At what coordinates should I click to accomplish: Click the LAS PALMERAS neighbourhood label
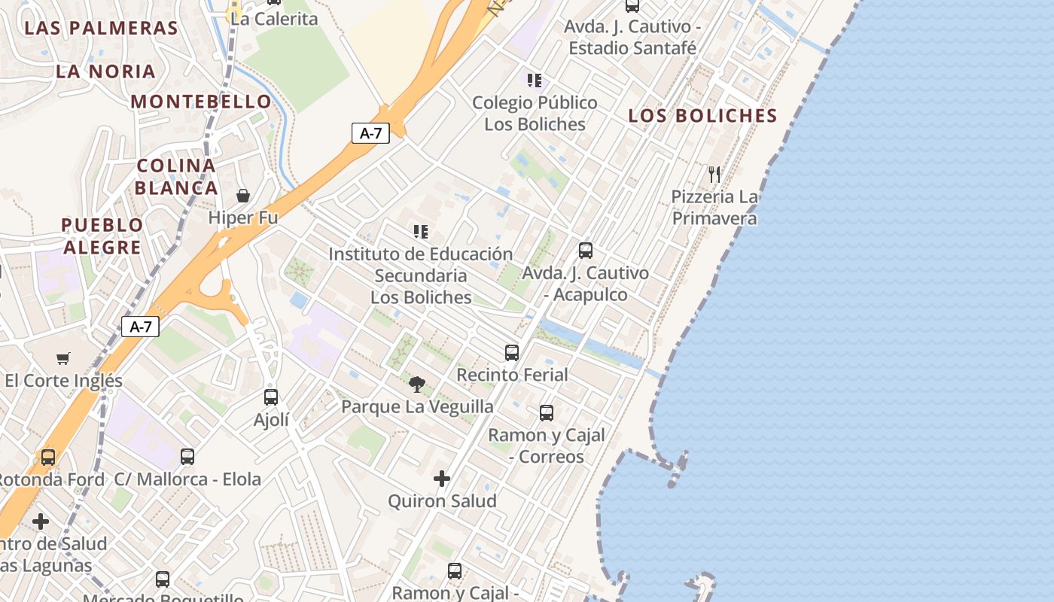101,29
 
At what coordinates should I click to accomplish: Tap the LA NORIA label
105,71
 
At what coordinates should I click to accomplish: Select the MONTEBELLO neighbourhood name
201,101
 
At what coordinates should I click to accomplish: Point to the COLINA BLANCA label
177,177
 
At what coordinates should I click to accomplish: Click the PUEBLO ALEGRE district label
102,236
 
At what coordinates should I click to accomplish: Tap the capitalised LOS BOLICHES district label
702,116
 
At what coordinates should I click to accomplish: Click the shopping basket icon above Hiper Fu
243,196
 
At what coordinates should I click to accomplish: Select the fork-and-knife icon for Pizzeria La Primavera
714,175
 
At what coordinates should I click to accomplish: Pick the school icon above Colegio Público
535,81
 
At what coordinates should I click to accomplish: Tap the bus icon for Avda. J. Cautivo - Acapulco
586,251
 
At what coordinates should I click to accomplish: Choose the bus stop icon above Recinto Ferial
512,352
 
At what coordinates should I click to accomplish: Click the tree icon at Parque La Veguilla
417,385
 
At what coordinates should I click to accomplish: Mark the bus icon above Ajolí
271,397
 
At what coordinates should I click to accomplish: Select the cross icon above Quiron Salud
442,479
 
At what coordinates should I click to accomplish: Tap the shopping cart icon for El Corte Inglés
63,359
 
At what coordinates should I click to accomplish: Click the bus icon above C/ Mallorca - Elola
187,457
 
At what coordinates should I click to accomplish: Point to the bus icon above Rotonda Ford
48,457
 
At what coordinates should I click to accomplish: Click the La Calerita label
274,19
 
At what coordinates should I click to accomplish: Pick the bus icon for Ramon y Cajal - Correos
547,413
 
